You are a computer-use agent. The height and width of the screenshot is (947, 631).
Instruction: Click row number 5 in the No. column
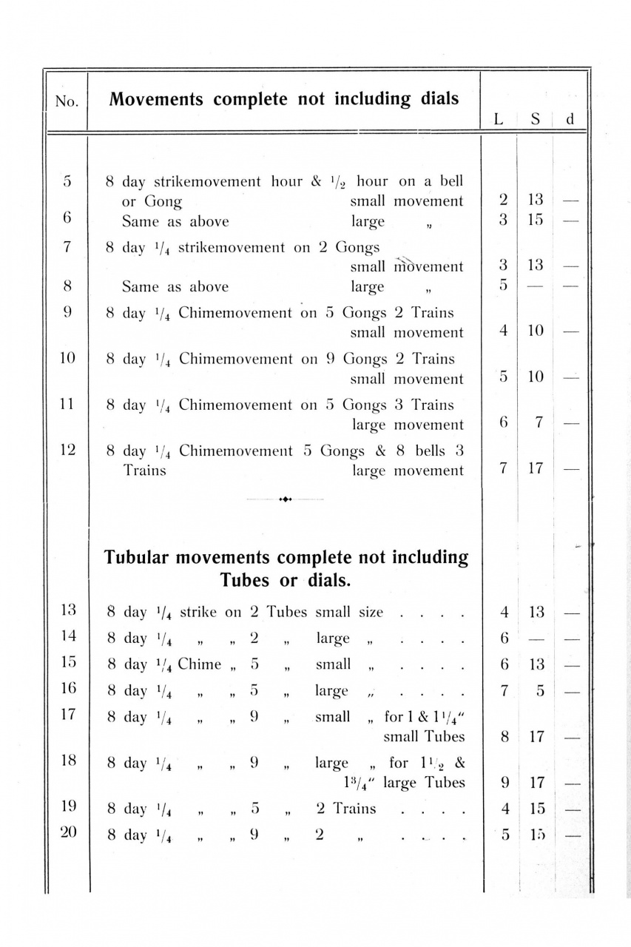click(67, 182)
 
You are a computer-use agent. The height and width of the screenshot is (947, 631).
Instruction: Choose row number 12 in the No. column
click(67, 451)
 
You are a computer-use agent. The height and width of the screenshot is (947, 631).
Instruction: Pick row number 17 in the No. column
click(67, 716)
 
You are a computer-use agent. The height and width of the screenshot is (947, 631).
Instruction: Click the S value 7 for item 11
click(539, 423)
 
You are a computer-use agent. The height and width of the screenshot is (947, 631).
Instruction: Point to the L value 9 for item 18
click(503, 782)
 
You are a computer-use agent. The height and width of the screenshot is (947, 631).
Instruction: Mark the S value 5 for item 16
click(541, 691)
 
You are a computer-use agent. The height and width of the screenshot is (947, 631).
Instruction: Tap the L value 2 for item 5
click(503, 200)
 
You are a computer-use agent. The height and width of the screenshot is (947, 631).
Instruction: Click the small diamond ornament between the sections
click(286, 499)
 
